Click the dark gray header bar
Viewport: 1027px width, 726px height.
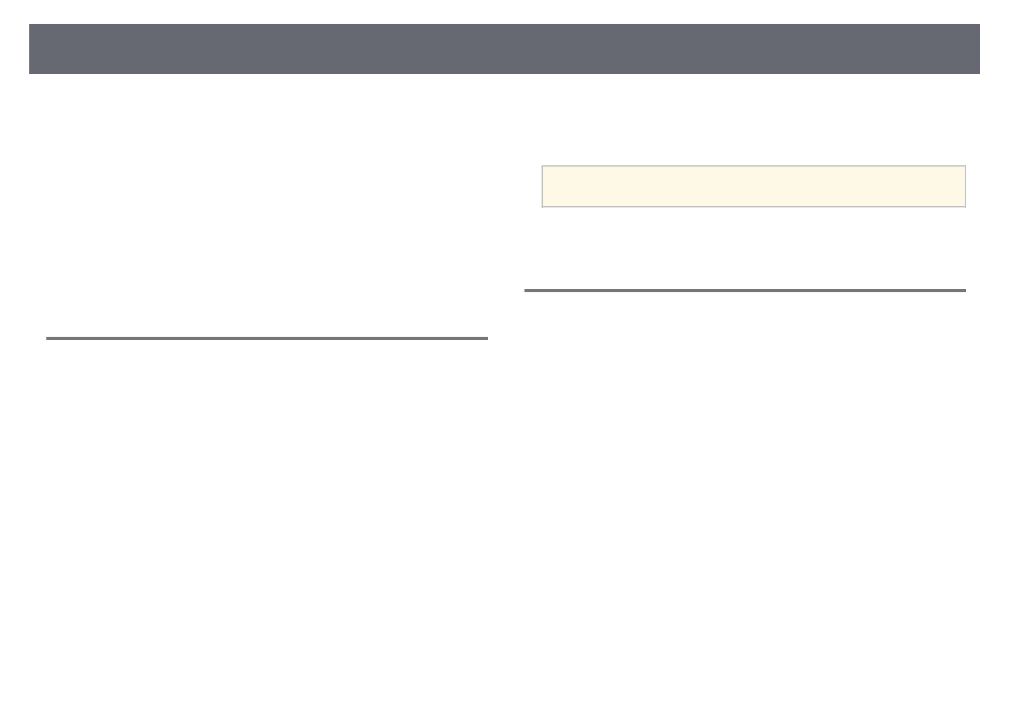coord(504,49)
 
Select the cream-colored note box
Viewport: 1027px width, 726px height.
coord(753,187)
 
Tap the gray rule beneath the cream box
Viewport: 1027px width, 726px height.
coord(745,290)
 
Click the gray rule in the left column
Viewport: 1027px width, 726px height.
coord(267,338)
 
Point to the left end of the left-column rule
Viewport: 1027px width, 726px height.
coord(47,338)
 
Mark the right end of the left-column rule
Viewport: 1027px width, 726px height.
coord(487,338)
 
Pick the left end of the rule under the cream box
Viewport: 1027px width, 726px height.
coord(525,290)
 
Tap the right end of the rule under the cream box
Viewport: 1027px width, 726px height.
coord(965,290)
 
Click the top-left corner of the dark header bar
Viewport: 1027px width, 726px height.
coord(30,24)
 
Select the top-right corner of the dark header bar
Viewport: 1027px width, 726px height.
coord(979,24)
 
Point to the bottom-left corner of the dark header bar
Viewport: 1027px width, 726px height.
coord(30,73)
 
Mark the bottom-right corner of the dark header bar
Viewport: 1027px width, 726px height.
coord(979,73)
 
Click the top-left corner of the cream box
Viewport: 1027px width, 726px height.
coord(542,166)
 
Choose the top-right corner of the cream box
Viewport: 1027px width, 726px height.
coord(965,166)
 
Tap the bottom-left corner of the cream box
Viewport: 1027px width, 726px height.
coord(542,207)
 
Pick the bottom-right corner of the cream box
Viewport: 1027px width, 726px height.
coord(965,207)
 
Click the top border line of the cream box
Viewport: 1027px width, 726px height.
coord(753,166)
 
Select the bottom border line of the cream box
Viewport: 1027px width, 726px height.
coord(753,207)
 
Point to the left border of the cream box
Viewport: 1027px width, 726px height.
coord(542,187)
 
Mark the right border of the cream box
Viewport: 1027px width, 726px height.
coord(965,187)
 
